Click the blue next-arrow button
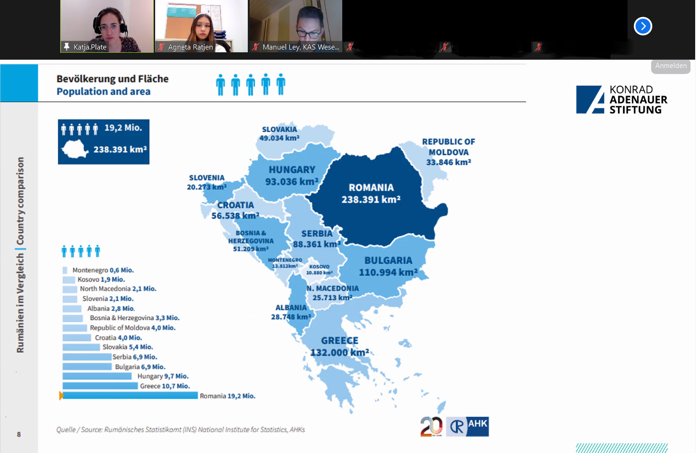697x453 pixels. [x=643, y=26]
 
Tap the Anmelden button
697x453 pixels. [x=671, y=66]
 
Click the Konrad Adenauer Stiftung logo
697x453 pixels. [x=622, y=99]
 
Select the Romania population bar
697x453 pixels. [x=130, y=396]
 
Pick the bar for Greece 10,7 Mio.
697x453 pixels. [x=100, y=386]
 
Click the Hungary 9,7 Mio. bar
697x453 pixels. [x=97, y=376]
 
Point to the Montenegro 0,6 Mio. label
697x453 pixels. [x=103, y=270]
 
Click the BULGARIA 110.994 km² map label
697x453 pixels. [x=388, y=266]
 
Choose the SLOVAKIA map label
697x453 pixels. [x=279, y=134]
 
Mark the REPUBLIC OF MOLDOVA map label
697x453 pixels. [x=448, y=152]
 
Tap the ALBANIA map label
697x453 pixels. [x=291, y=312]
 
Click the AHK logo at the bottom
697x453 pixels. [x=467, y=426]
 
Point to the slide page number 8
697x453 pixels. [x=19, y=434]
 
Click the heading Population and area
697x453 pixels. [x=104, y=92]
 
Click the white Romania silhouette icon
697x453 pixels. [x=75, y=149]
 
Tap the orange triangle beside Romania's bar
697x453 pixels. [x=61, y=396]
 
